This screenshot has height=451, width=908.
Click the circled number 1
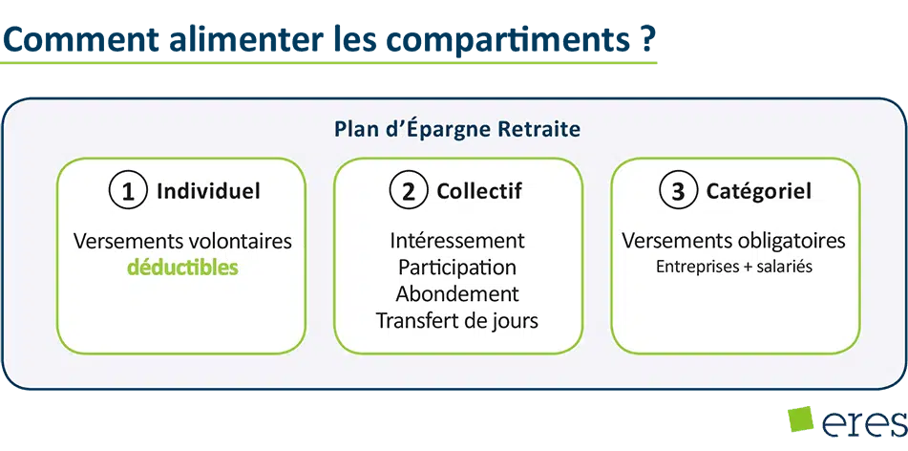pyautogui.click(x=128, y=192)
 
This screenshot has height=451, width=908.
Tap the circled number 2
pyautogui.click(x=409, y=192)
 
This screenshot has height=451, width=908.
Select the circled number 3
pyautogui.click(x=678, y=192)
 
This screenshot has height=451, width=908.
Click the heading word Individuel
pyautogui.click(x=208, y=191)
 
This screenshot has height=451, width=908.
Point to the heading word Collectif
pyautogui.click(x=479, y=191)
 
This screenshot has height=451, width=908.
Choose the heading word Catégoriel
pyautogui.click(x=759, y=191)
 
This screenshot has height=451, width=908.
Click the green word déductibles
pyautogui.click(x=182, y=268)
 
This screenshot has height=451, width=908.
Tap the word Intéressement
pyautogui.click(x=457, y=240)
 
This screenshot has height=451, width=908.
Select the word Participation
pyautogui.click(x=457, y=268)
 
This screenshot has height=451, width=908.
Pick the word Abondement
pyautogui.click(x=457, y=293)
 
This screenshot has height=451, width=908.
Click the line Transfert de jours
pyautogui.click(x=457, y=320)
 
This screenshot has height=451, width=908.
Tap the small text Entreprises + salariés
pyautogui.click(x=733, y=268)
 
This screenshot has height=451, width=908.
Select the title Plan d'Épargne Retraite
pyautogui.click(x=457, y=130)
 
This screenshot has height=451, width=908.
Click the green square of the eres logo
pyautogui.click(x=801, y=419)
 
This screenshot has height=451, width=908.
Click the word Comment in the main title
pyautogui.click(x=80, y=37)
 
